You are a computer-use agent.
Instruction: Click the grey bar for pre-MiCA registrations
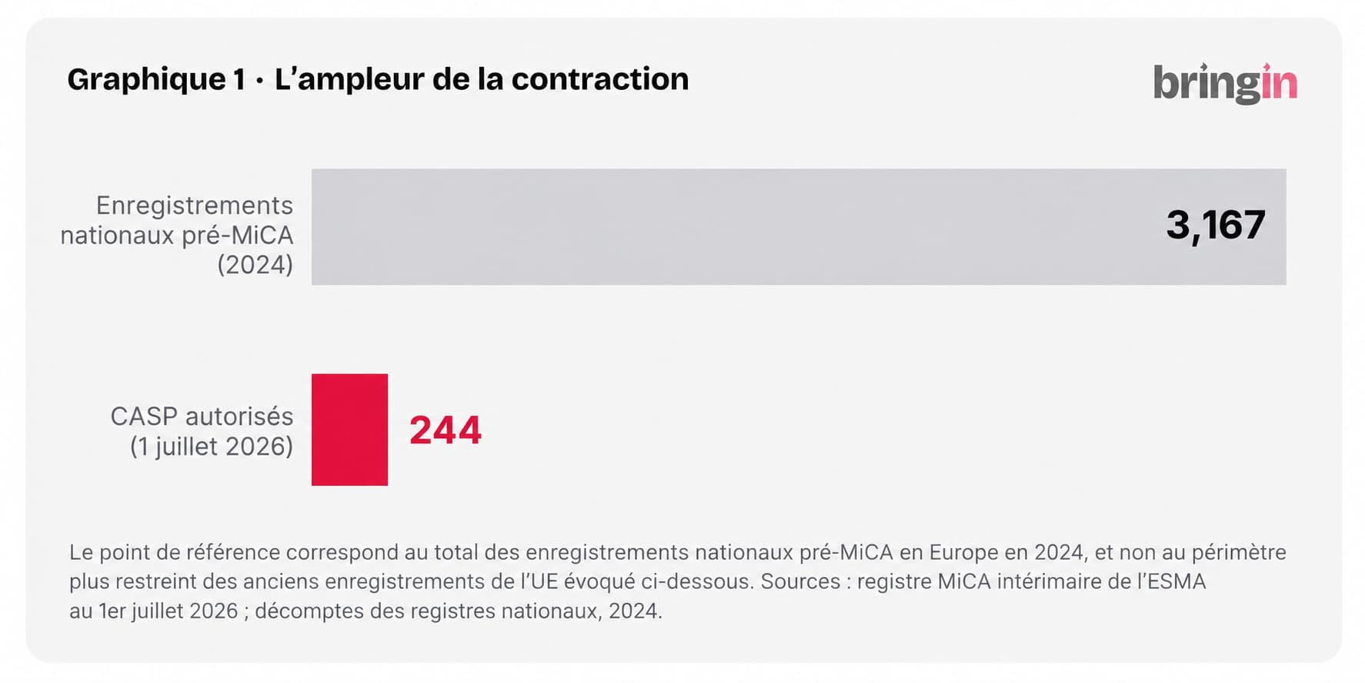pyautogui.click(x=799, y=227)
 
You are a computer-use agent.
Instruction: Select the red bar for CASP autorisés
pyautogui.click(x=349, y=430)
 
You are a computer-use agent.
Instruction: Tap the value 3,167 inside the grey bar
pyautogui.click(x=1216, y=226)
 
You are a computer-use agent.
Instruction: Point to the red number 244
pyautogui.click(x=446, y=430)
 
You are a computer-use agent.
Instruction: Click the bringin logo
pyautogui.click(x=1225, y=83)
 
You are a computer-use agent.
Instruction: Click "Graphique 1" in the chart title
pyautogui.click(x=156, y=80)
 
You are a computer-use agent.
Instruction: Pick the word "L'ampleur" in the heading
pyautogui.click(x=349, y=80)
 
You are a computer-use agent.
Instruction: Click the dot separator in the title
pyautogui.click(x=259, y=80)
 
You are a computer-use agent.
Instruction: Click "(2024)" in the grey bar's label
pyautogui.click(x=255, y=265)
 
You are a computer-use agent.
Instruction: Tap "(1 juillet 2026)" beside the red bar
pyautogui.click(x=212, y=447)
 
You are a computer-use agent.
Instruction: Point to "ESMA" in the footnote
pyautogui.click(x=1177, y=581)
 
